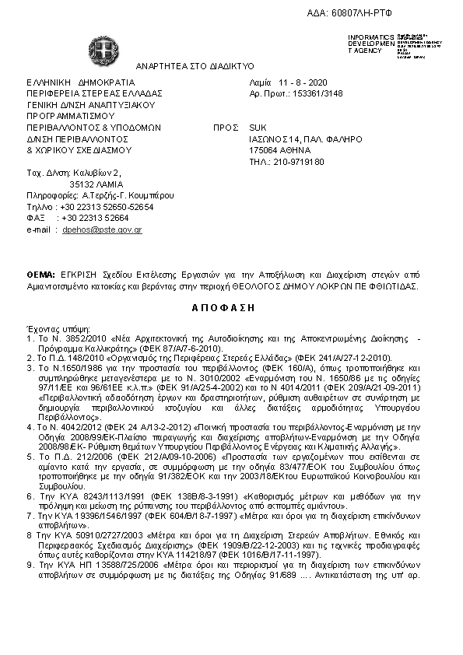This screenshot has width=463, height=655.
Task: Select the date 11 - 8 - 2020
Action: [300, 82]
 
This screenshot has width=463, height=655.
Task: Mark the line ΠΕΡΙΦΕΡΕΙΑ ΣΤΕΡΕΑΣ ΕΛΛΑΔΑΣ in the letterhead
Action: [93, 93]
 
